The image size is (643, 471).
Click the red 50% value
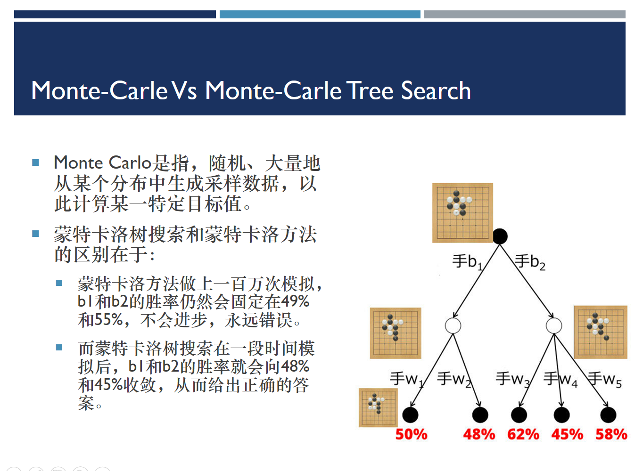point(411,434)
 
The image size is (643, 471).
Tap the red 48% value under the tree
point(479,434)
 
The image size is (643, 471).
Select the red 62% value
point(523,434)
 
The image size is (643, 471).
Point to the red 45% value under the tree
point(567,434)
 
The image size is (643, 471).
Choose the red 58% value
point(611,434)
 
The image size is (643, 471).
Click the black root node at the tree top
point(500,236)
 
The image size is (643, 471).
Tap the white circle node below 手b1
point(453,325)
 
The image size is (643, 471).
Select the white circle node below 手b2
point(554,325)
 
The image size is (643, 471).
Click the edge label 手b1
point(467,261)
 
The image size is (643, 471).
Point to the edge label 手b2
point(530,261)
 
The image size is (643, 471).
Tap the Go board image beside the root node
point(462,212)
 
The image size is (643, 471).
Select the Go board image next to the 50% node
point(378,407)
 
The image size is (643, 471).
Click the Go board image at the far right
point(600,332)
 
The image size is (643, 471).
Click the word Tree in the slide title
point(370,90)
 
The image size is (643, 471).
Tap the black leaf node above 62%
point(519,415)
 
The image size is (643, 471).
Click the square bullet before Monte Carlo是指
point(35,163)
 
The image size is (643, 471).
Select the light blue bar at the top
point(320,15)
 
